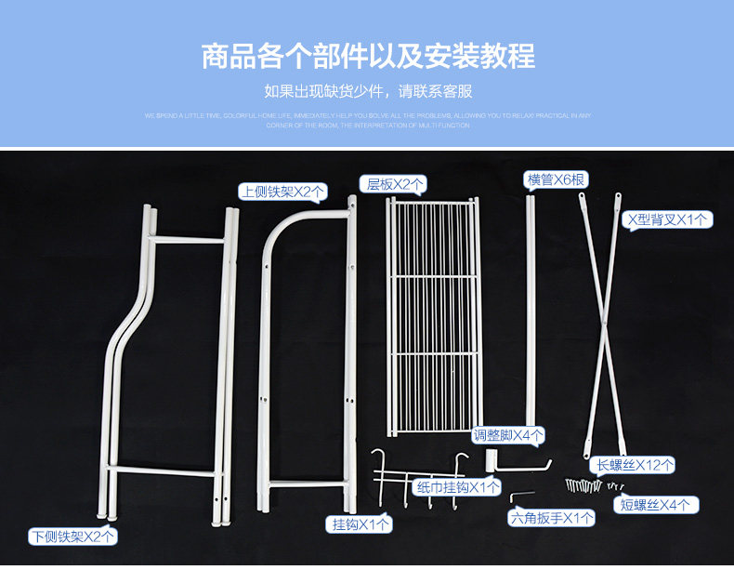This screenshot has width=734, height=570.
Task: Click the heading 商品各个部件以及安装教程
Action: (x=368, y=55)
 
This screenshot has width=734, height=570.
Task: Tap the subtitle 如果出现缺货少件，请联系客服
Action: (x=368, y=91)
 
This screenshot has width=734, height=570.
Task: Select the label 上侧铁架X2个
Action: (x=283, y=192)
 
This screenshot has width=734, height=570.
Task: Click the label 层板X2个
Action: (x=393, y=184)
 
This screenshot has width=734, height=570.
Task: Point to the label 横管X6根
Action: (x=556, y=179)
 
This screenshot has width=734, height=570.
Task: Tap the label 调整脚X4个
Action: (x=509, y=434)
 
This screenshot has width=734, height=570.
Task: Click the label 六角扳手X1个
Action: (x=551, y=517)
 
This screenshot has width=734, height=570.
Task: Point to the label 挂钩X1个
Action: (x=361, y=524)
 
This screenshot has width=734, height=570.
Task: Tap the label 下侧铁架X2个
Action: (x=72, y=536)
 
